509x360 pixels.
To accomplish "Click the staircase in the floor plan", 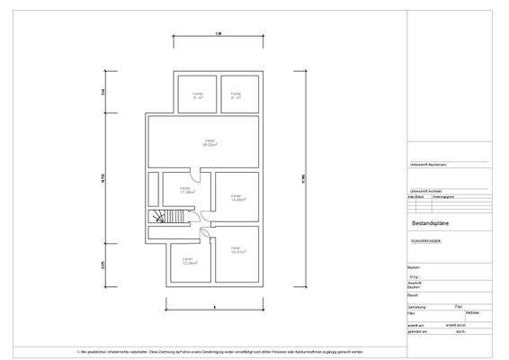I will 162,218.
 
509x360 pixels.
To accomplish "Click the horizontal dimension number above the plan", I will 218,34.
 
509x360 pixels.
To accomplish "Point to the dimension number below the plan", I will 214,308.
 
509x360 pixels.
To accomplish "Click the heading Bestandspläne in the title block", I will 431,221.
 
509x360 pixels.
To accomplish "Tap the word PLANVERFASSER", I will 426,241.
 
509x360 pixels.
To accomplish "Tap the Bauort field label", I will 415,294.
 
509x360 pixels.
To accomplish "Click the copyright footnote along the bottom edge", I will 219,351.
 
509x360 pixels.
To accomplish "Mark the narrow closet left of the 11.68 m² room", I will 154,190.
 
